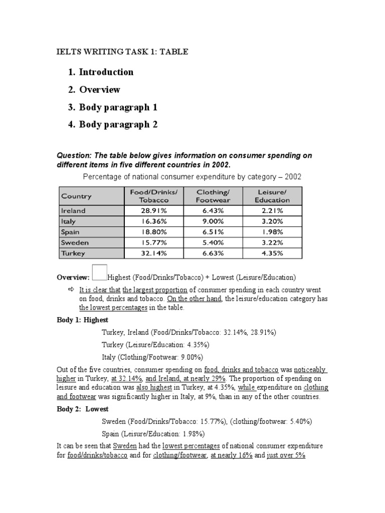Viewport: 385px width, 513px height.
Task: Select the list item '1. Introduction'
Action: pos(102,72)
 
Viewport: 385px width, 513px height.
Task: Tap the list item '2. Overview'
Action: pos(95,90)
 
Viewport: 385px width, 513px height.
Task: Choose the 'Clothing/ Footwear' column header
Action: pos(213,195)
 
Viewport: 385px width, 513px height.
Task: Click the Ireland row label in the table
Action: pos(73,211)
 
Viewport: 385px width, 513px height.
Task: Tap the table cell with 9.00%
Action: pos(213,221)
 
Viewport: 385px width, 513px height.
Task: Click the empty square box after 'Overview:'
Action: pos(100,272)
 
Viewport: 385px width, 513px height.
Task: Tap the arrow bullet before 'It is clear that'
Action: pos(70,290)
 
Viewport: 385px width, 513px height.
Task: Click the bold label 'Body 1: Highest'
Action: pos(82,320)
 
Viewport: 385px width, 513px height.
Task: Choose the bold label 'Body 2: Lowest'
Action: pos(82,409)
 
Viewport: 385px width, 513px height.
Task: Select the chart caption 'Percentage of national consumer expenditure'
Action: pos(192,177)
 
